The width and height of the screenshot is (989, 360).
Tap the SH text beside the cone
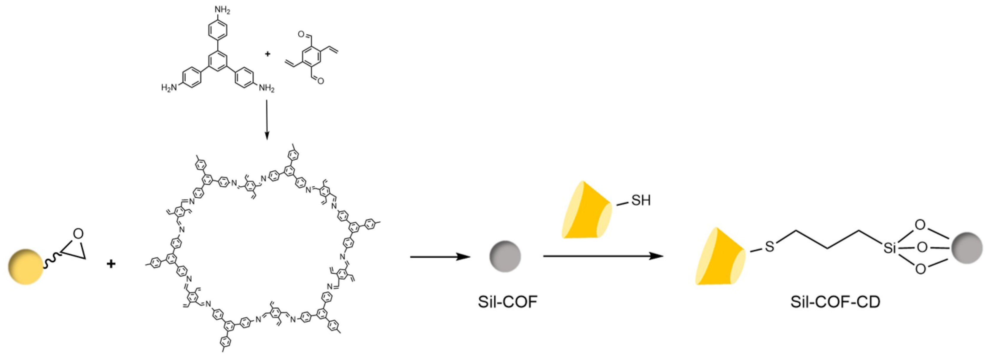(x=640, y=200)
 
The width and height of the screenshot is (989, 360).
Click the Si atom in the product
(x=890, y=248)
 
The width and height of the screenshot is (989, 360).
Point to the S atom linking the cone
(x=769, y=247)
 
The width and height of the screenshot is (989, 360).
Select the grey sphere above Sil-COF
(x=505, y=256)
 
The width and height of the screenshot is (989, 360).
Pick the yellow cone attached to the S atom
(x=720, y=257)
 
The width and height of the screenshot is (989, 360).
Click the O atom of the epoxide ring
(x=78, y=233)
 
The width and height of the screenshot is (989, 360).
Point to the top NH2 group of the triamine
(x=222, y=11)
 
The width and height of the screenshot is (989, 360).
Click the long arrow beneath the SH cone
(x=603, y=256)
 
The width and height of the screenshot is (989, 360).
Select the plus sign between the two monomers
(x=267, y=54)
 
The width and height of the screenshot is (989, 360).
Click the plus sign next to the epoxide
(x=111, y=264)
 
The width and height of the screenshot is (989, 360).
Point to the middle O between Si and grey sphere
(x=922, y=247)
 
